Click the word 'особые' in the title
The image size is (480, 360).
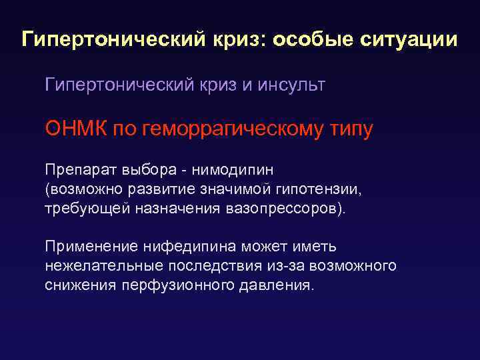pos(312,39)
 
